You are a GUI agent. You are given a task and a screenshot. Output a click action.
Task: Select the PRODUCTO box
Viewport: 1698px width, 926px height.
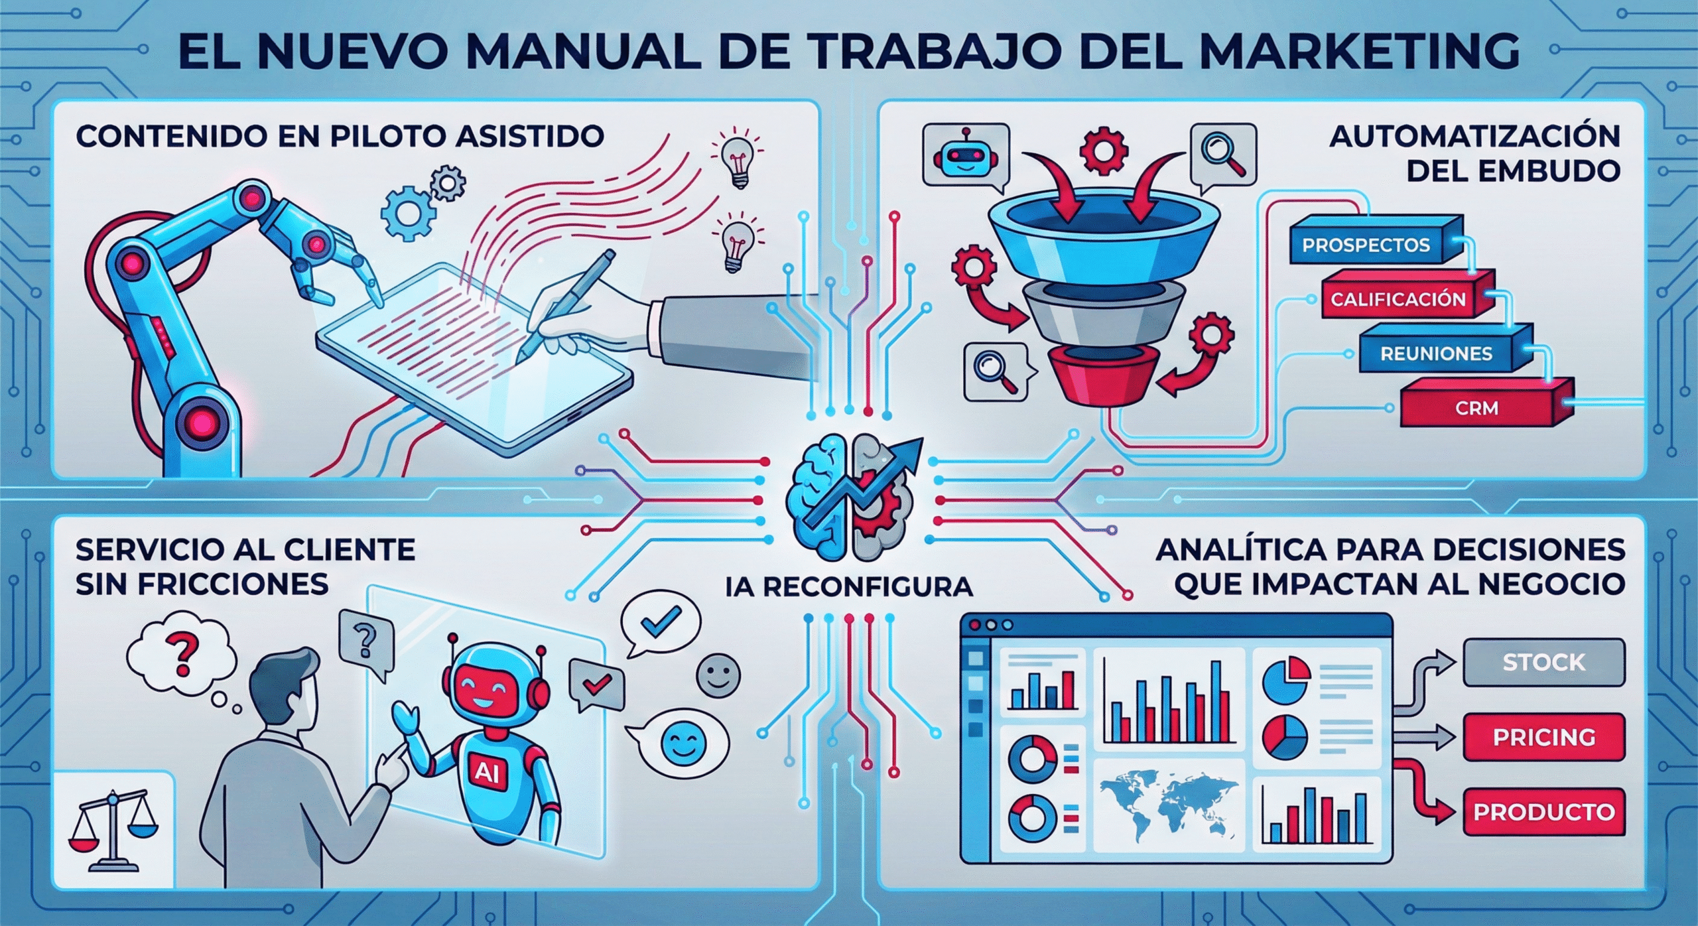pos(1543,812)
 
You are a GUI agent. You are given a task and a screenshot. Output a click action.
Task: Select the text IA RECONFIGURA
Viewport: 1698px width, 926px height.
pos(849,587)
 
